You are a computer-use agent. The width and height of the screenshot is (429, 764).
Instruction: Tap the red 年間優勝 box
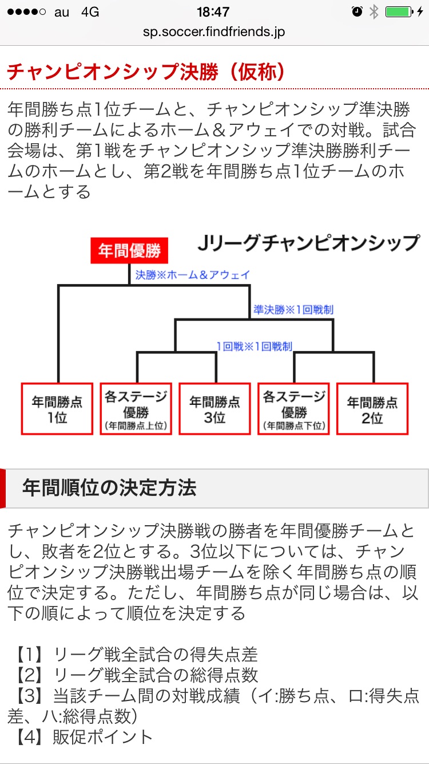129,251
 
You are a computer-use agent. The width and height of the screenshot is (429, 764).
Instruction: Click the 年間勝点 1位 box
57,409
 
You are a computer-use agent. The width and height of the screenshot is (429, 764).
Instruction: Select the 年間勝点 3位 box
215,409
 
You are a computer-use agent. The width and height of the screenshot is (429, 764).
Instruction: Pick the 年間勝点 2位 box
372,409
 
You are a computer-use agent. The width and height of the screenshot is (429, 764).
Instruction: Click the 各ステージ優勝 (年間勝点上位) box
136,409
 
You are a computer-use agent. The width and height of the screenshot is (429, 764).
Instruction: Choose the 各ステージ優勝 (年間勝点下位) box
294,409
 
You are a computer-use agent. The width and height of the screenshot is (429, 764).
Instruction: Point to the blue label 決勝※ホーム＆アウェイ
192,275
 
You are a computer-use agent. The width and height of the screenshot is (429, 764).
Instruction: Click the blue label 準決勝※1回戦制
293,310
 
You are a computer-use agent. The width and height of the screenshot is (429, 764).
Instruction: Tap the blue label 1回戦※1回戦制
254,346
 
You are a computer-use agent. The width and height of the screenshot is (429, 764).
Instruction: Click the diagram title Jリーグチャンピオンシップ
308,243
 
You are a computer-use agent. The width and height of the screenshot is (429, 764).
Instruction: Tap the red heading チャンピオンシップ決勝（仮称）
146,72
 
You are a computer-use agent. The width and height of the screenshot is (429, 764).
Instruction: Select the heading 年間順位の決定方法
109,488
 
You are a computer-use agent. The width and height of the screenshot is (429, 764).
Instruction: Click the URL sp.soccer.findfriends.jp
214,31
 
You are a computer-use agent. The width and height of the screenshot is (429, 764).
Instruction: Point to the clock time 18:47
213,12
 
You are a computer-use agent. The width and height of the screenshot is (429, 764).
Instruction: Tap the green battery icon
399,12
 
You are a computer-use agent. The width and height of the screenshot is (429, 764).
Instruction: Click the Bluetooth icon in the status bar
374,12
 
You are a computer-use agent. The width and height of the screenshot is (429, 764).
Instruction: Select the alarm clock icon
357,12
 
